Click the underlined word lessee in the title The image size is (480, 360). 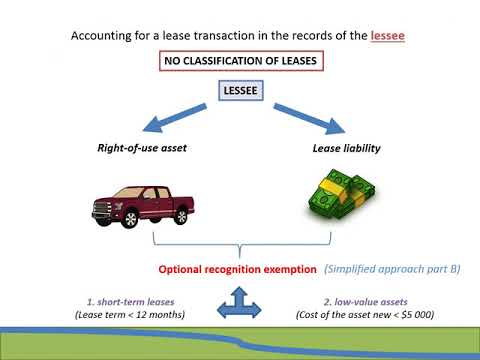point(386,36)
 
